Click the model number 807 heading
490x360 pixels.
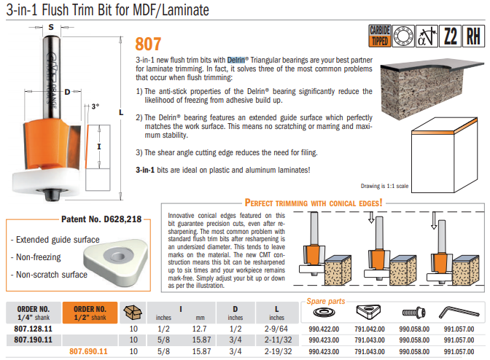pos(149,44)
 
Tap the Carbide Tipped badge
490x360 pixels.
pos(380,34)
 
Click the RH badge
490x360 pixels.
pos(474,34)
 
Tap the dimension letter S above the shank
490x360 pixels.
pos(50,27)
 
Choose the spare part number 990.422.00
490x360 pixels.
pos(324,329)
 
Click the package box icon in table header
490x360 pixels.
pos(133,313)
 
